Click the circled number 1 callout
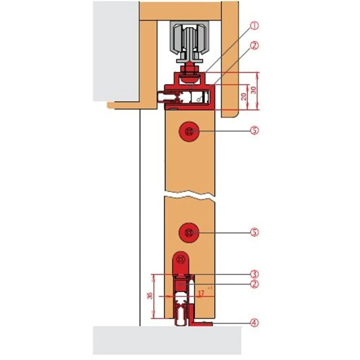(x=255, y=26)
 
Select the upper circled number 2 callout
(x=255, y=46)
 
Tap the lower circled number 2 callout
(x=255, y=284)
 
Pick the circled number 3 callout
(x=255, y=273)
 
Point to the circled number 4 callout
(x=255, y=323)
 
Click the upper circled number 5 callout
(x=255, y=131)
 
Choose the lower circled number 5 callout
(x=255, y=233)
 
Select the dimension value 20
(x=244, y=96)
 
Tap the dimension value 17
(x=201, y=293)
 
